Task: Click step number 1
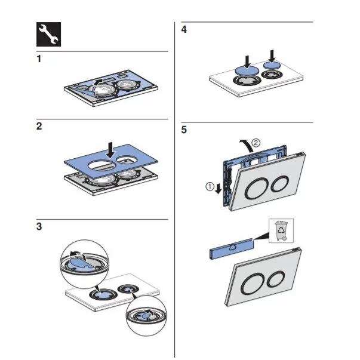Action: (x=39, y=60)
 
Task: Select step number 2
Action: (x=39, y=127)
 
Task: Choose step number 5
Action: (x=184, y=130)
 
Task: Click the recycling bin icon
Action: (x=281, y=230)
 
